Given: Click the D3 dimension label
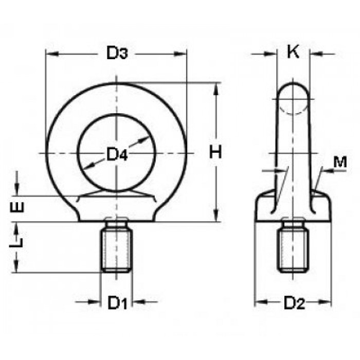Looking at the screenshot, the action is [x=117, y=53].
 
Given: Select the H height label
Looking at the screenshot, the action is [x=215, y=152].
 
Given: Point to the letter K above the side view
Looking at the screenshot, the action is [x=293, y=52].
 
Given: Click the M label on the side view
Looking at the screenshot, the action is [x=340, y=162].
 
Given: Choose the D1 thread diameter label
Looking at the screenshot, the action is [x=117, y=303].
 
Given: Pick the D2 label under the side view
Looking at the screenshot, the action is [x=294, y=303].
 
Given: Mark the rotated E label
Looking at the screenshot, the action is [x=17, y=207].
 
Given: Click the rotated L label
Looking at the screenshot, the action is [x=16, y=242].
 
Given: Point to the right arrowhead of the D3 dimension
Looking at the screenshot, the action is [x=180, y=54].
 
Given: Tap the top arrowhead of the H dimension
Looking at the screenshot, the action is [x=216, y=89].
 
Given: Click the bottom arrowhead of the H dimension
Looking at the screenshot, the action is [x=216, y=215].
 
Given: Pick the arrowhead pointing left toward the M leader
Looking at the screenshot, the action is [x=327, y=171].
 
